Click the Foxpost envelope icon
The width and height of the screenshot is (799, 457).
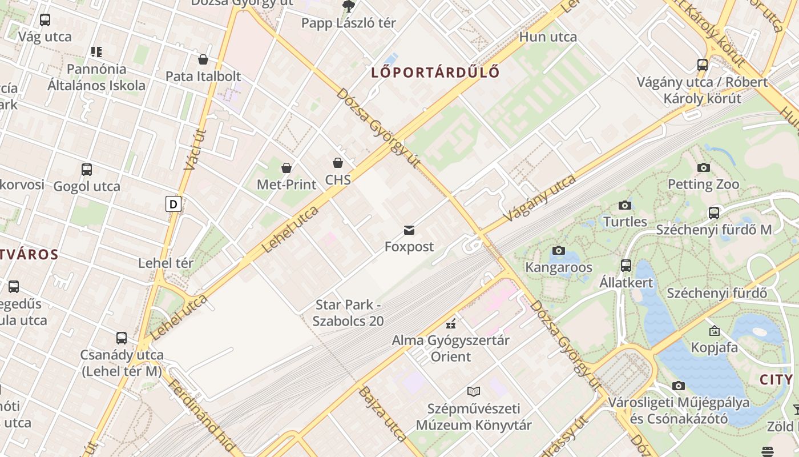pyautogui.click(x=409, y=230)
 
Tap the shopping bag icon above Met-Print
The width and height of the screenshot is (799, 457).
pyautogui.click(x=286, y=168)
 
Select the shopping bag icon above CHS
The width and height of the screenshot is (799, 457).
pyautogui.click(x=338, y=163)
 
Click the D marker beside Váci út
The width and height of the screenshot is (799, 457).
pyautogui.click(x=173, y=204)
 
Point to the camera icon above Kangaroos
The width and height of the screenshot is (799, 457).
pyautogui.click(x=559, y=251)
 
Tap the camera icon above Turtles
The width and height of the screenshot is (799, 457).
pyautogui.click(x=625, y=205)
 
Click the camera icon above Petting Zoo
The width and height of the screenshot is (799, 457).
pyautogui.click(x=703, y=168)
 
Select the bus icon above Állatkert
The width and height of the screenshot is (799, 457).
pyautogui.click(x=626, y=266)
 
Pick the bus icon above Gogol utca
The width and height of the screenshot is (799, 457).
pyautogui.click(x=87, y=170)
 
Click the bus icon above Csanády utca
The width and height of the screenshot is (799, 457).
pyautogui.click(x=122, y=338)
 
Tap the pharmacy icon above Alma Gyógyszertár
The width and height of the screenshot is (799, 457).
pyautogui.click(x=451, y=324)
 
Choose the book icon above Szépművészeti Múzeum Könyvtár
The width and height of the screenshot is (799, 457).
pyautogui.click(x=473, y=392)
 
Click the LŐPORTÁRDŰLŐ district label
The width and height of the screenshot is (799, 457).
pyautogui.click(x=435, y=73)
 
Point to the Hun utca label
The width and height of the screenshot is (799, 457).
pyautogui.click(x=548, y=37)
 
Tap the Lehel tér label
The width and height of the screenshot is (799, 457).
pyautogui.click(x=166, y=263)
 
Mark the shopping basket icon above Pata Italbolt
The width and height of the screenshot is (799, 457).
pyautogui.click(x=203, y=59)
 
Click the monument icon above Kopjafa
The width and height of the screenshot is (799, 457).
pyautogui.click(x=714, y=331)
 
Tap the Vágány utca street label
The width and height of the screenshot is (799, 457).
pyautogui.click(x=539, y=198)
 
